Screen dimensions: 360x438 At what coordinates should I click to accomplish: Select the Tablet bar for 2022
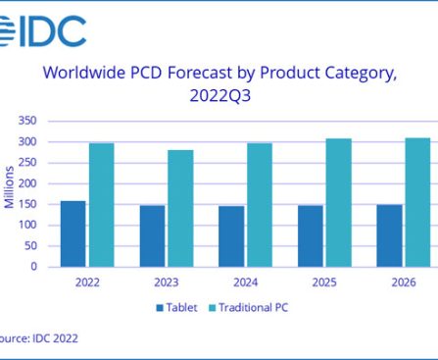(x=73, y=233)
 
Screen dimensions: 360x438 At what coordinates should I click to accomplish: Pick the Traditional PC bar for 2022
(x=101, y=204)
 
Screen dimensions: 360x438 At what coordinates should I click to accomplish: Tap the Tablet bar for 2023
(x=152, y=235)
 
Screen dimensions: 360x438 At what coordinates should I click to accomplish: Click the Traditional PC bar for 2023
(x=179, y=208)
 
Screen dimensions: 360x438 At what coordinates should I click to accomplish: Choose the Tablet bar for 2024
(x=231, y=235)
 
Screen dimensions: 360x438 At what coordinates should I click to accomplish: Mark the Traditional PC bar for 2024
(x=259, y=204)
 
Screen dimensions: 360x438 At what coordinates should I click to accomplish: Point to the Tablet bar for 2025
(x=311, y=235)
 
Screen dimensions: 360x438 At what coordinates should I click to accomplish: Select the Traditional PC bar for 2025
(x=338, y=202)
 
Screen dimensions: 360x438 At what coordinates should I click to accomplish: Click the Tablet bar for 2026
(x=390, y=235)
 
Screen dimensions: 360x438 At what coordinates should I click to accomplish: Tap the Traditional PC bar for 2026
(x=417, y=201)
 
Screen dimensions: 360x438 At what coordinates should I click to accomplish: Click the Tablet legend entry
(x=181, y=308)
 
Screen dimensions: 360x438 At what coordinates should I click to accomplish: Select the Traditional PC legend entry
(x=251, y=308)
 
